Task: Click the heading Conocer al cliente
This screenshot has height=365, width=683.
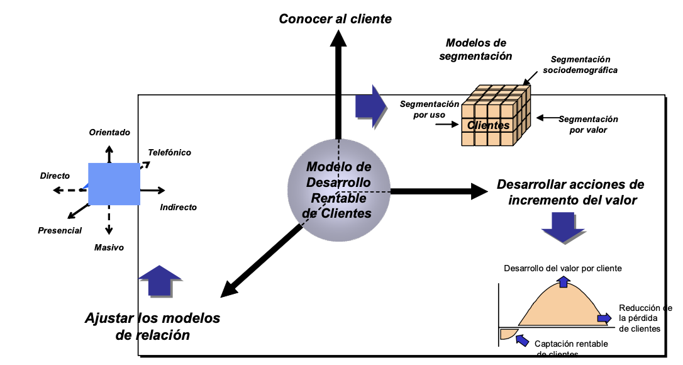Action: coord(335,19)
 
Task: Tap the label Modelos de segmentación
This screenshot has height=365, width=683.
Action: coord(475,49)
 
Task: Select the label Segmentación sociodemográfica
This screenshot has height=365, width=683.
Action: coord(580,64)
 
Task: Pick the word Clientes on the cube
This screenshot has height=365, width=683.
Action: coord(489,125)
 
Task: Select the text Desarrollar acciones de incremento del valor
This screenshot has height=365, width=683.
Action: coord(570,193)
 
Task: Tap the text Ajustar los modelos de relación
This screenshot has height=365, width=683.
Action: coord(153,326)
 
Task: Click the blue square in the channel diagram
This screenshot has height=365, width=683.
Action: coord(114,183)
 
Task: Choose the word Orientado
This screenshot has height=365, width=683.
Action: coord(109,133)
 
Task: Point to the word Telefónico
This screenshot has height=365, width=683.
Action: coord(169,152)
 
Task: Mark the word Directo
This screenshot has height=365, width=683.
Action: coord(55,176)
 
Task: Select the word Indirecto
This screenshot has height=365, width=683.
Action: coord(178,207)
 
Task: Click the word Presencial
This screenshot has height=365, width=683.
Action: coord(60,230)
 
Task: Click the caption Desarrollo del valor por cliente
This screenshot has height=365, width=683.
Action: coord(563,268)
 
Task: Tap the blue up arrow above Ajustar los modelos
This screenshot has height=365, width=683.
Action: coord(159,280)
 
